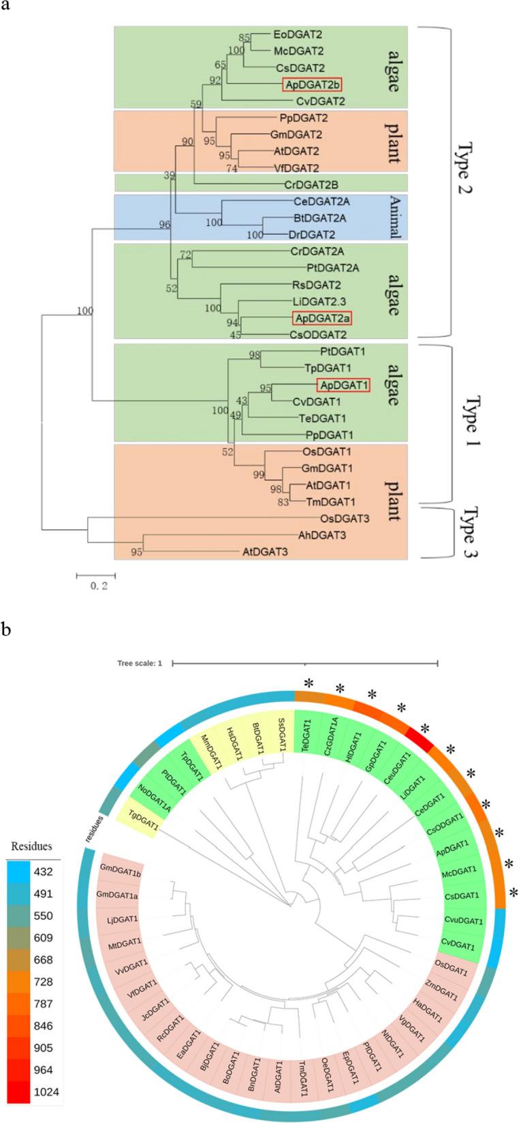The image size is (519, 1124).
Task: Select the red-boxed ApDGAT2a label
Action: (321, 317)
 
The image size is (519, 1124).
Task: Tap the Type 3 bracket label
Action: (469, 532)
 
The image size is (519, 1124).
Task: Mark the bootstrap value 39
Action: (170, 176)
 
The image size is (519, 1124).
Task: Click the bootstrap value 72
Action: (185, 255)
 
